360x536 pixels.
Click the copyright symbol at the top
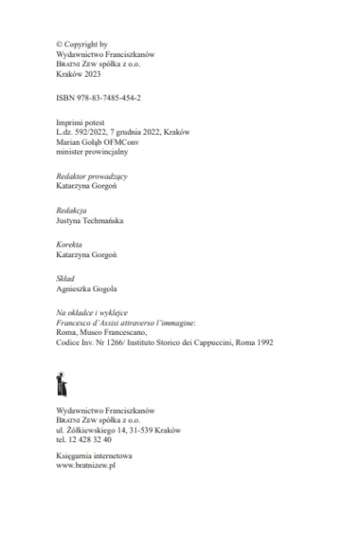pyautogui.click(x=59, y=43)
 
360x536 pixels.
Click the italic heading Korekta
pyautogui.click(x=71, y=245)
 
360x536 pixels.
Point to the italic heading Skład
pyautogui.click(x=66, y=280)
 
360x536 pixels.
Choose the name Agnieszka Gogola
pyautogui.click(x=88, y=289)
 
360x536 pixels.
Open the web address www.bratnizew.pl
pyautogui.click(x=87, y=465)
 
